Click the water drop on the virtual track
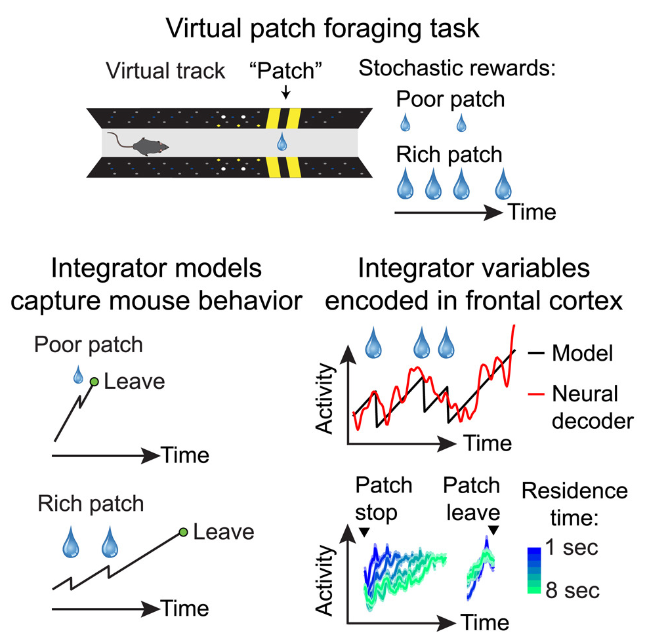pos(282,142)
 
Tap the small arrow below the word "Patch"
pos(285,92)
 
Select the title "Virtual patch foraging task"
pos(322,28)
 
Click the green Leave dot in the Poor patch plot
pos(94,382)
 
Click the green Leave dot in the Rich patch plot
pos(184,533)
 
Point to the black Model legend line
pos(536,353)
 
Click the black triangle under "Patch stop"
pos(364,533)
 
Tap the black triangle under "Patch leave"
pos(493,530)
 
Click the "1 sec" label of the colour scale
pos(572,548)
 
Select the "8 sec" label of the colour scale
pos(572,590)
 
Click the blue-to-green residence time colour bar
pos(534,570)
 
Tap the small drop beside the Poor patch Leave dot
pos(78,374)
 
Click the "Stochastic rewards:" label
pos(457,68)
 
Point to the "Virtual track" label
pos(165,71)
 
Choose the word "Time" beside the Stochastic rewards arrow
pos(533,212)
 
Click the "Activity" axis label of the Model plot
pos(324,399)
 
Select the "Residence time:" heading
pos(575,504)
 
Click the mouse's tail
pos(119,140)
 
